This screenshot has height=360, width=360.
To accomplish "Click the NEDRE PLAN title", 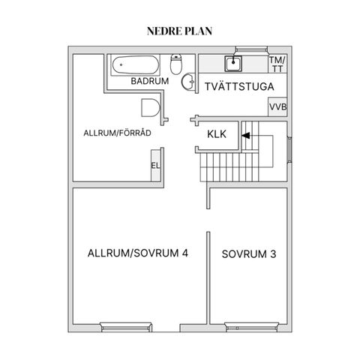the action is click(179, 31).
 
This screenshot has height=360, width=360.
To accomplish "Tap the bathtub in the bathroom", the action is click(136, 65).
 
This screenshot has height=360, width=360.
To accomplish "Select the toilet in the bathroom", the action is click(176, 64).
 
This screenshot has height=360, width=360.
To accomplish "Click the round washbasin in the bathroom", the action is click(188, 82).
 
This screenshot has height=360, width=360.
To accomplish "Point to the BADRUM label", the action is click(150, 81).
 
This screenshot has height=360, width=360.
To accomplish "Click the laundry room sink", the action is click(233, 64).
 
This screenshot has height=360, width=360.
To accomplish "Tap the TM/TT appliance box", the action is click(277, 64).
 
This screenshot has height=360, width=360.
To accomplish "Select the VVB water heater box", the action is click(277, 106).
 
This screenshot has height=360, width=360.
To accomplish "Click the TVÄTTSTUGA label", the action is click(239, 86).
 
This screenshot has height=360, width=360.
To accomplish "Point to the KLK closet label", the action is click(217, 134).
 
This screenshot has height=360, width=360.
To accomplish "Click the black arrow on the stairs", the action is click(246, 136).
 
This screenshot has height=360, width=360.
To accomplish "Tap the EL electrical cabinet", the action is click(155, 166).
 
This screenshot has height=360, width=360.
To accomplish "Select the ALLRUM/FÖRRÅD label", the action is click(117, 133).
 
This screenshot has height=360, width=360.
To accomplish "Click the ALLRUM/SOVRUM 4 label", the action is click(138, 253).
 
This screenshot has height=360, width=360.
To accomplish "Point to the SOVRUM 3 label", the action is click(249, 254).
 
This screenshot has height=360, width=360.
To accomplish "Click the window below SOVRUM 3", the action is click(251, 328).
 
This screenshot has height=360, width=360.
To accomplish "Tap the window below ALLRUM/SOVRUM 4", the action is click(126, 328).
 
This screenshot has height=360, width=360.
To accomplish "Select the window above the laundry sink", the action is click(251, 49).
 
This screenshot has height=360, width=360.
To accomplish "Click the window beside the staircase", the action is click(289, 149).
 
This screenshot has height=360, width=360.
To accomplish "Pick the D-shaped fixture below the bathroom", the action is click(151, 108).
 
